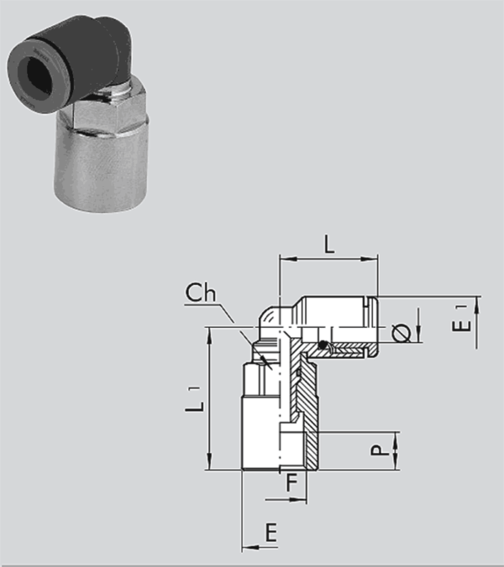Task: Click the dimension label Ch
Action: click(201, 293)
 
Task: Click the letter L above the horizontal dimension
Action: click(328, 244)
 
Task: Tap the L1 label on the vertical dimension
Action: click(195, 399)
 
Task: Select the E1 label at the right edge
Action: click(462, 319)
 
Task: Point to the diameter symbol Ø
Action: click(402, 333)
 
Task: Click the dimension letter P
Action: click(380, 450)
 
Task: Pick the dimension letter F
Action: click(291, 483)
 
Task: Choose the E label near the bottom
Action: click(271, 533)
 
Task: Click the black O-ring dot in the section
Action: click(322, 345)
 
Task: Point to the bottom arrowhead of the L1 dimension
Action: click(209, 461)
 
